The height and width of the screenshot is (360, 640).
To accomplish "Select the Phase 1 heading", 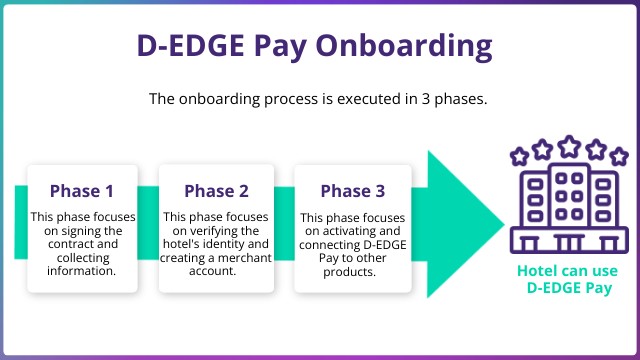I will (x=82, y=190).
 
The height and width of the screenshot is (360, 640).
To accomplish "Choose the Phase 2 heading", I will (x=216, y=190).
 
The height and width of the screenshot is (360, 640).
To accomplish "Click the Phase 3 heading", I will (x=351, y=190).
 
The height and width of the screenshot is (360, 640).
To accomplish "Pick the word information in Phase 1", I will (x=82, y=271).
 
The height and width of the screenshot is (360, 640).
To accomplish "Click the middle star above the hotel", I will (x=568, y=146).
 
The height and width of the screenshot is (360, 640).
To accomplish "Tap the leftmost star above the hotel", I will (x=519, y=156).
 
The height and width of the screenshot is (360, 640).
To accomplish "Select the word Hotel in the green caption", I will (x=537, y=271).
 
